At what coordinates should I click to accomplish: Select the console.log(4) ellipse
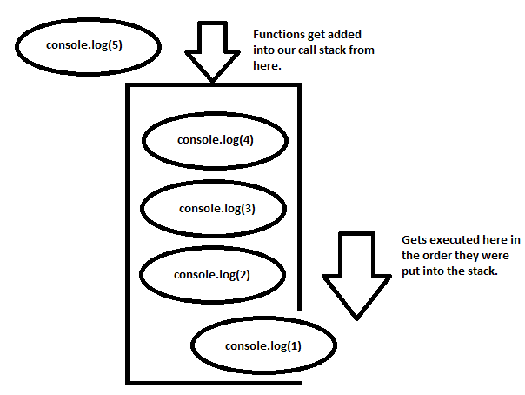point(214,140)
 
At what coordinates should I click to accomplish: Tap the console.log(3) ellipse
point(214,208)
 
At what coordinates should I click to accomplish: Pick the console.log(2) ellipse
point(212,274)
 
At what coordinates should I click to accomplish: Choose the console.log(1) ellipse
point(262,346)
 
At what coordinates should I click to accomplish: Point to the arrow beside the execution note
point(356,273)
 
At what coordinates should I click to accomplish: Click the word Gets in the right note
point(415,238)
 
